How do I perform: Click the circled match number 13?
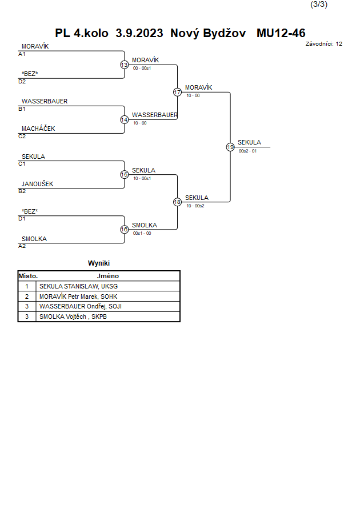click(125, 65)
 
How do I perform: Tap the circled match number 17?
click(177, 92)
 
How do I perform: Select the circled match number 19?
click(230, 147)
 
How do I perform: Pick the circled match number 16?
click(125, 230)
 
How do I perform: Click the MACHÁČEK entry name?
click(38, 129)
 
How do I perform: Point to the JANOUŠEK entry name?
click(37, 184)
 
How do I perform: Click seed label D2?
click(22, 82)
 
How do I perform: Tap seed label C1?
click(22, 164)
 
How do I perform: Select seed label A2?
click(22, 246)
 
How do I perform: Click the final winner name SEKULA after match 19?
click(249, 142)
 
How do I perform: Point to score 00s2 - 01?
click(247, 151)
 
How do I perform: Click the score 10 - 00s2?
click(195, 206)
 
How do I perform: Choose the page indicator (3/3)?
click(319, 4)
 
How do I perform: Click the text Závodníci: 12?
click(323, 44)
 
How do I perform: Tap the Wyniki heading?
click(99, 263)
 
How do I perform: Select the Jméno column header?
click(108, 276)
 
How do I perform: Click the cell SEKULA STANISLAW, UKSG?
click(78, 286)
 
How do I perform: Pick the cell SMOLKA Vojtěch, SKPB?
click(73, 316)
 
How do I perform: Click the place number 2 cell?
click(27, 296)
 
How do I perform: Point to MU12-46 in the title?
click(281, 33)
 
